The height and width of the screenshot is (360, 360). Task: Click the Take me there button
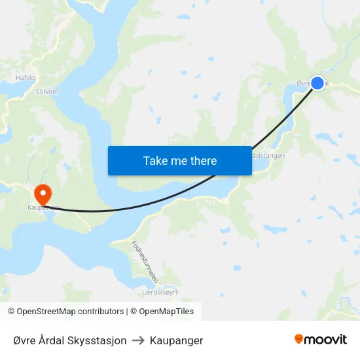(x=180, y=160)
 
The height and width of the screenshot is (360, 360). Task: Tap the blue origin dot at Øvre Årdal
(x=317, y=83)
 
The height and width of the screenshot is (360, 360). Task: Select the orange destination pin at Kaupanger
(x=43, y=193)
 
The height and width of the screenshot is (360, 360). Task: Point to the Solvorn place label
(x=48, y=92)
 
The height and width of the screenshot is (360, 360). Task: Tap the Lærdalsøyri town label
(x=160, y=292)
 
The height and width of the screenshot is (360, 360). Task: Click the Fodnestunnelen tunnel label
(x=145, y=261)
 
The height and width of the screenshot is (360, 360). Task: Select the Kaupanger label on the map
(x=43, y=208)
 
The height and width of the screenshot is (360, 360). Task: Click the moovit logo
(x=321, y=340)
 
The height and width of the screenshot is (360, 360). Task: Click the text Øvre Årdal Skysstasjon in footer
(x=70, y=340)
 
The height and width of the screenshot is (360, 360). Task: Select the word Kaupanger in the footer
(x=176, y=340)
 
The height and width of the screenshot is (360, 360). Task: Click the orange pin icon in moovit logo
(x=299, y=340)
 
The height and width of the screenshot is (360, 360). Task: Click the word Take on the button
(x=155, y=160)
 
